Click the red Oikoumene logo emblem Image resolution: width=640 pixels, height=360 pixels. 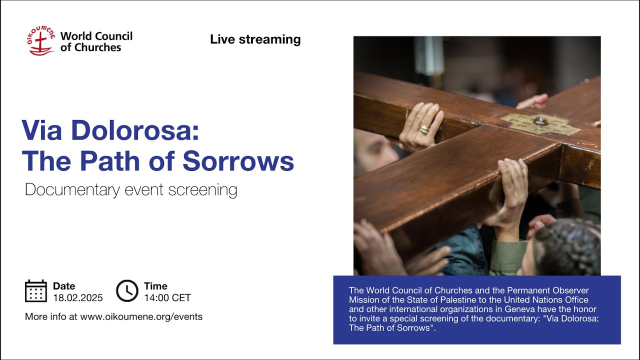[x=41, y=41]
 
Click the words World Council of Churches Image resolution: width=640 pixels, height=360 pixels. [x=96, y=42]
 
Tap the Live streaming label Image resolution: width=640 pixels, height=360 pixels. [x=255, y=39]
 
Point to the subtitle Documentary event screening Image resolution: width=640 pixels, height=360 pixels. [x=130, y=190]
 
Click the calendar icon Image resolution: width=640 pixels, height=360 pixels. [x=36, y=291]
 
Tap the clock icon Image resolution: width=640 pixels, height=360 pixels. [x=127, y=291]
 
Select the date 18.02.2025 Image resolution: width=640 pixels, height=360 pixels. [x=77, y=298]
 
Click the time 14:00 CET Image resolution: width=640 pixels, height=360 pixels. [x=167, y=298]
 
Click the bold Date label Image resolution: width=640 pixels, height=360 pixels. [x=64, y=286]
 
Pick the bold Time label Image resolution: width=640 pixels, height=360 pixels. [x=155, y=286]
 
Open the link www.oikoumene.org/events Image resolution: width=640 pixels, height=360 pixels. [x=141, y=316]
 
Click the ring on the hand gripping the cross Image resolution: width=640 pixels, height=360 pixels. [x=424, y=129]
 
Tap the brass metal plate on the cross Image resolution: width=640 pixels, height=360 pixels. [x=540, y=123]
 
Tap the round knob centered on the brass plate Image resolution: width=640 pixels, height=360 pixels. [x=540, y=120]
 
